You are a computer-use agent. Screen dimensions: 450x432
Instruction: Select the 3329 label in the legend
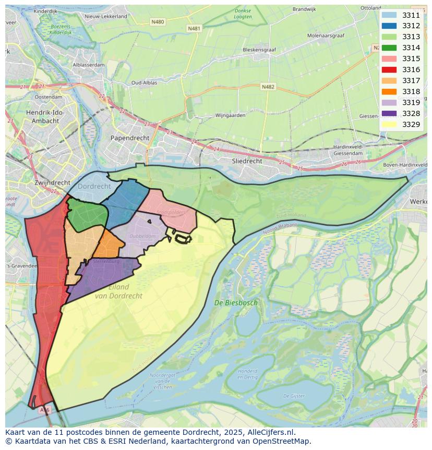[411, 124]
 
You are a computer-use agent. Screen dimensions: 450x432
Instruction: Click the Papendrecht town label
[129, 138]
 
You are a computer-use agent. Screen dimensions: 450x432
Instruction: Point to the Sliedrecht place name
[247, 161]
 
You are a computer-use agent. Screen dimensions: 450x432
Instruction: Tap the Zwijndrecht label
[52, 182]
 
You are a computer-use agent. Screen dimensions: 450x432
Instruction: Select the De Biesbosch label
[236, 303]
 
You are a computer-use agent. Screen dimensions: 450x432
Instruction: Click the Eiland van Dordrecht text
[118, 292]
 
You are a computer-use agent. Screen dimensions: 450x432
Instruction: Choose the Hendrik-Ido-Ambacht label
[50, 116]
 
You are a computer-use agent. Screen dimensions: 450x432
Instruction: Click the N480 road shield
[157, 22]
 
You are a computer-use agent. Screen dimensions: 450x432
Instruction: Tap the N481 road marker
[194, 28]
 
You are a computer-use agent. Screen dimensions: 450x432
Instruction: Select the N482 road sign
[268, 87]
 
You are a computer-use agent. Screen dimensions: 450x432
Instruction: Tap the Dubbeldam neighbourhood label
[132, 236]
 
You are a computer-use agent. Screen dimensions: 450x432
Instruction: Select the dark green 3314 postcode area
[86, 216]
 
